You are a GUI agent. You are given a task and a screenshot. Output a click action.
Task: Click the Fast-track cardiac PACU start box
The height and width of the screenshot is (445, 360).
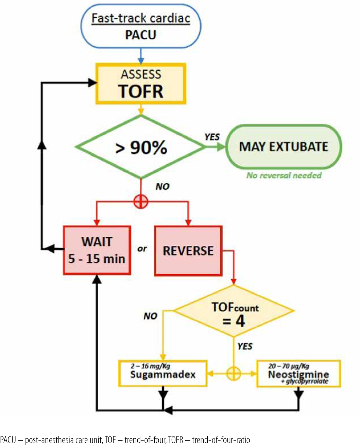pyautogui.click(x=140, y=26)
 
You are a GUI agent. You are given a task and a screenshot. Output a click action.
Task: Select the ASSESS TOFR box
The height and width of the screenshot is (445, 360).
pyautogui.click(x=141, y=84)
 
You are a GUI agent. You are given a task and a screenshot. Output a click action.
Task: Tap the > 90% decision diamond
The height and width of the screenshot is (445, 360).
pyautogui.click(x=141, y=147)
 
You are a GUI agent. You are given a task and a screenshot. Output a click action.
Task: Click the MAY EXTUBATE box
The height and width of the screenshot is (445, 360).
pyautogui.click(x=284, y=147)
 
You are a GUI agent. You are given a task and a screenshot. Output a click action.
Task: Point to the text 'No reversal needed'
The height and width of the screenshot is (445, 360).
pyautogui.click(x=284, y=175)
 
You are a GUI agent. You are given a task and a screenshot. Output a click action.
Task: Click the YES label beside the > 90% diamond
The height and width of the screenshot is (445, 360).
pyautogui.click(x=212, y=137)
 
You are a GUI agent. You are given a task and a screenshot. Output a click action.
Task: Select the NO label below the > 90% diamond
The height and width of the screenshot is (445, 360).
pyautogui.click(x=162, y=187)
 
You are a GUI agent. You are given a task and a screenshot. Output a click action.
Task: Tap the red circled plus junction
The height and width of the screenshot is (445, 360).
pyautogui.click(x=141, y=202)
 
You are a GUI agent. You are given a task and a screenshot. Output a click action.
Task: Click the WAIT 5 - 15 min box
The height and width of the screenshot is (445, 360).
pyautogui.click(x=97, y=250)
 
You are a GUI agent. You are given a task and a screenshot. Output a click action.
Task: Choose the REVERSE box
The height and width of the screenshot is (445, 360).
pyautogui.click(x=188, y=251)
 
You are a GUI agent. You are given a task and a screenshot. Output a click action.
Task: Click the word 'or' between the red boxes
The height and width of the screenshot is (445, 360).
pyautogui.click(x=142, y=249)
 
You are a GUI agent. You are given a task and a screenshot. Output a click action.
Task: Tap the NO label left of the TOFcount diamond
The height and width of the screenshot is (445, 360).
pyautogui.click(x=150, y=316)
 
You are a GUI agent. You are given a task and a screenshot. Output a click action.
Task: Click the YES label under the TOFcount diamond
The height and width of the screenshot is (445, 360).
pyautogui.click(x=245, y=346)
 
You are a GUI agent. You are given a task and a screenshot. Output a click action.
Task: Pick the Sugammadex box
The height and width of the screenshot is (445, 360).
pyautogui.click(x=163, y=374)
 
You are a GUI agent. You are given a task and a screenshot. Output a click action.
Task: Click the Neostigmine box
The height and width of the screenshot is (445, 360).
pyautogui.click(x=298, y=374)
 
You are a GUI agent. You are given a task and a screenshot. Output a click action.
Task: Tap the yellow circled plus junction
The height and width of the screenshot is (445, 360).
pyautogui.click(x=234, y=374)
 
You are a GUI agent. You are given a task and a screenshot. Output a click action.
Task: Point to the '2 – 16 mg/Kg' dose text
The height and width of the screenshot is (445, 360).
pyautogui.click(x=150, y=366)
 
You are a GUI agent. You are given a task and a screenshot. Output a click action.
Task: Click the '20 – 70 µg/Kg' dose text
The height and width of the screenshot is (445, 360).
pyautogui.click(x=289, y=366)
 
